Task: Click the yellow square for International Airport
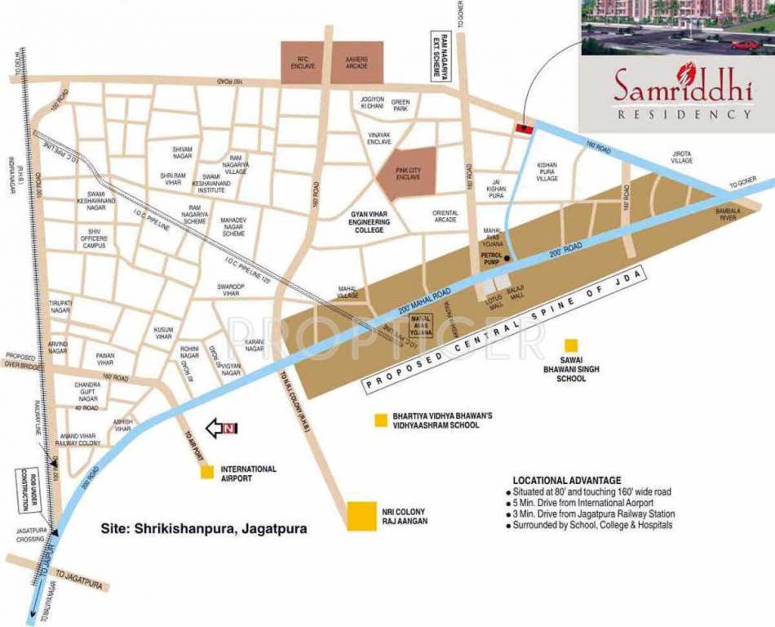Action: pyautogui.click(x=207, y=472)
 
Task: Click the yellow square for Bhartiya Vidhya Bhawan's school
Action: pyautogui.click(x=379, y=420)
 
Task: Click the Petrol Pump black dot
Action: pyautogui.click(x=507, y=260)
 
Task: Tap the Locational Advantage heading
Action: pyautogui.click(x=566, y=480)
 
